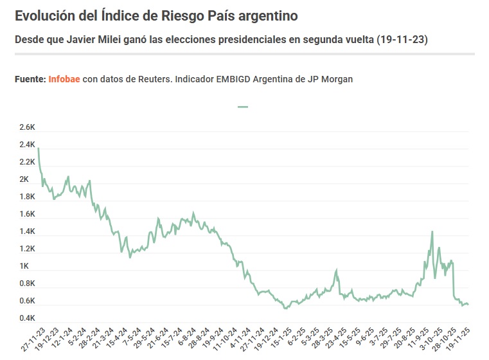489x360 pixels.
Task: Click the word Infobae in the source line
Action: [64, 78]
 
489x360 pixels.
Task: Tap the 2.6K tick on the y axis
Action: [27, 127]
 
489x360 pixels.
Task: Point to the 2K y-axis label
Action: [24, 179]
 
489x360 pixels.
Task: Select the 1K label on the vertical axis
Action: [24, 266]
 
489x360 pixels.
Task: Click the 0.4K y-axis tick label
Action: [27, 318]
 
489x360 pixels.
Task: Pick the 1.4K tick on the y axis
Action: [27, 231]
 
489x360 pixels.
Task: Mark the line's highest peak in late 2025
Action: [432, 231]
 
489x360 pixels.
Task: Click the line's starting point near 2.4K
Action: [39, 148]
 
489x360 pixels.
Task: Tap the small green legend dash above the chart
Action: [243, 107]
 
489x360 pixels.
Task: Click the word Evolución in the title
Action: [45, 15]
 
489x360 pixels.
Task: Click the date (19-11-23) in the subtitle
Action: [402, 40]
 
